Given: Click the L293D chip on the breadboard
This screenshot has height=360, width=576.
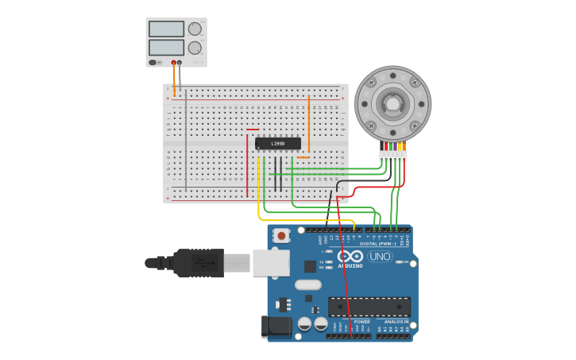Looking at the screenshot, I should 278,144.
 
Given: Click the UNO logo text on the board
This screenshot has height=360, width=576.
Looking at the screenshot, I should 380,256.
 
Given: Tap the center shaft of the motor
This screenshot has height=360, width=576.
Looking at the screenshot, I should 392,103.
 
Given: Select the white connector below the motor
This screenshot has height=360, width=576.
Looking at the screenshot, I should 392,156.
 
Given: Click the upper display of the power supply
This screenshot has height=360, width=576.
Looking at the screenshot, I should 166,29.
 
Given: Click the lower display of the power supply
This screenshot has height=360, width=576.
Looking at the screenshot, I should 166,48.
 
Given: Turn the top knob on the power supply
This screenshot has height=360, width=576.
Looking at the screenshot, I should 195,29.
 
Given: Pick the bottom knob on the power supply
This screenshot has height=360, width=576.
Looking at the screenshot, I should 195,48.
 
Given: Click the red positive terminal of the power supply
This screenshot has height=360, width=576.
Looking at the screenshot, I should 173,62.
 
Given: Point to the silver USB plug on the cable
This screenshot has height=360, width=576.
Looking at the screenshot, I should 238,262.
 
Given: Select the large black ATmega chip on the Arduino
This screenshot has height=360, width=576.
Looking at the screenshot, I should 369,307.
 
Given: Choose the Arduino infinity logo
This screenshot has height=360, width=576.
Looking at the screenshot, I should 350,256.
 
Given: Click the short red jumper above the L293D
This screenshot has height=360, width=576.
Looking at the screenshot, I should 253,130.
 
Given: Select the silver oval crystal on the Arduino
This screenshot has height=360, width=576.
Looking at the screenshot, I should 307,285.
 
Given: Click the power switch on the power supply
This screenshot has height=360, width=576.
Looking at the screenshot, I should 155,62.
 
